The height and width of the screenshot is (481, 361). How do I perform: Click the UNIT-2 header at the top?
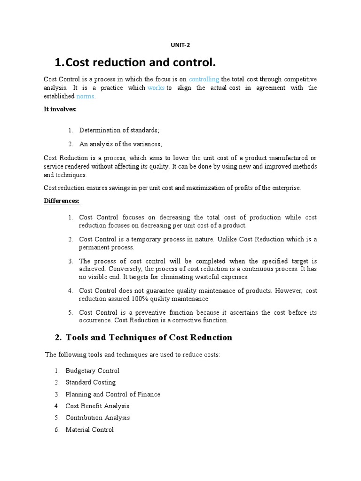click(180, 45)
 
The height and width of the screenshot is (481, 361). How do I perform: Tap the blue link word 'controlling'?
click(204, 79)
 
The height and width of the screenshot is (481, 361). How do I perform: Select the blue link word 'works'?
click(156, 88)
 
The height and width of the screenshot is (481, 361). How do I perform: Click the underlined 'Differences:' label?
click(62, 201)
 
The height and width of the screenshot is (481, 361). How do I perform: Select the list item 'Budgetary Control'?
click(92, 371)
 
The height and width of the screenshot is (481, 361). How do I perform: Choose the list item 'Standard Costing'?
click(90, 382)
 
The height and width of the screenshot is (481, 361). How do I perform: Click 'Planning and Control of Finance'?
click(113, 394)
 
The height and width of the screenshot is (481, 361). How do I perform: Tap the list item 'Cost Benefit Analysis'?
click(97, 406)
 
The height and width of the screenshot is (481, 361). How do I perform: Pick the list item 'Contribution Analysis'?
click(97, 418)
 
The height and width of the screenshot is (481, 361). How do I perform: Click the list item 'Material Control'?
click(89, 429)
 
